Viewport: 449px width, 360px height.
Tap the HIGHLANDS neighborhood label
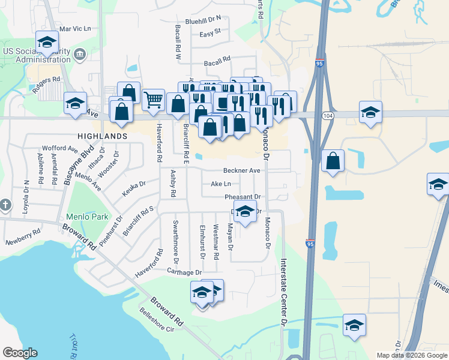click(101, 136)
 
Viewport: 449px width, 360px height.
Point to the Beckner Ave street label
click(242, 170)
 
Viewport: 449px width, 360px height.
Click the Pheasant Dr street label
click(243, 197)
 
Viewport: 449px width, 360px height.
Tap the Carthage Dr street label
click(185, 272)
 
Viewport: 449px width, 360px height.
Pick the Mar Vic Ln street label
click(74, 28)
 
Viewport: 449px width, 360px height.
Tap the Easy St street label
click(211, 31)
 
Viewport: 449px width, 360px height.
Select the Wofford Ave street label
click(60, 148)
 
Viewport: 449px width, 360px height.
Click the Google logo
click(20, 353)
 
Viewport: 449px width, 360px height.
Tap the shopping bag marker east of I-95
click(333, 161)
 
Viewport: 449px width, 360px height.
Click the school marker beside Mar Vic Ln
click(46, 42)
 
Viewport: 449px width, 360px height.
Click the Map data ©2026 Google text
click(412, 355)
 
